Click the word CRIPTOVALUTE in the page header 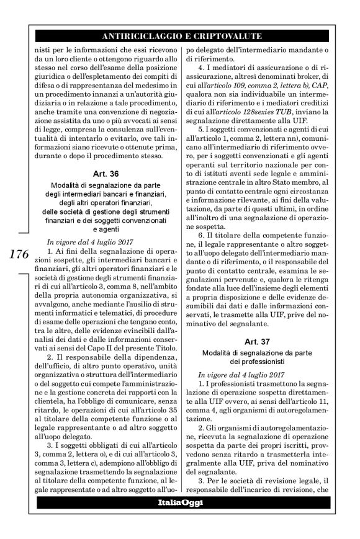228,36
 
